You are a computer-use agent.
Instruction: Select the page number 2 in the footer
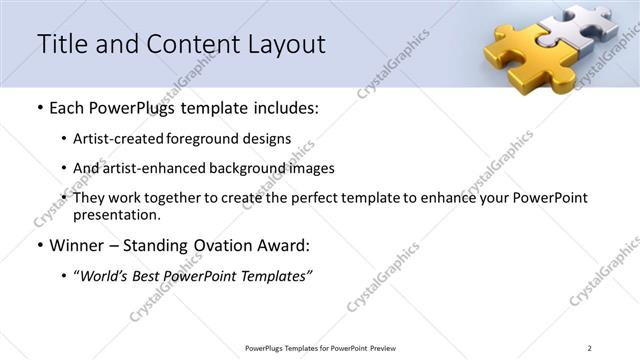pos(590,347)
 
